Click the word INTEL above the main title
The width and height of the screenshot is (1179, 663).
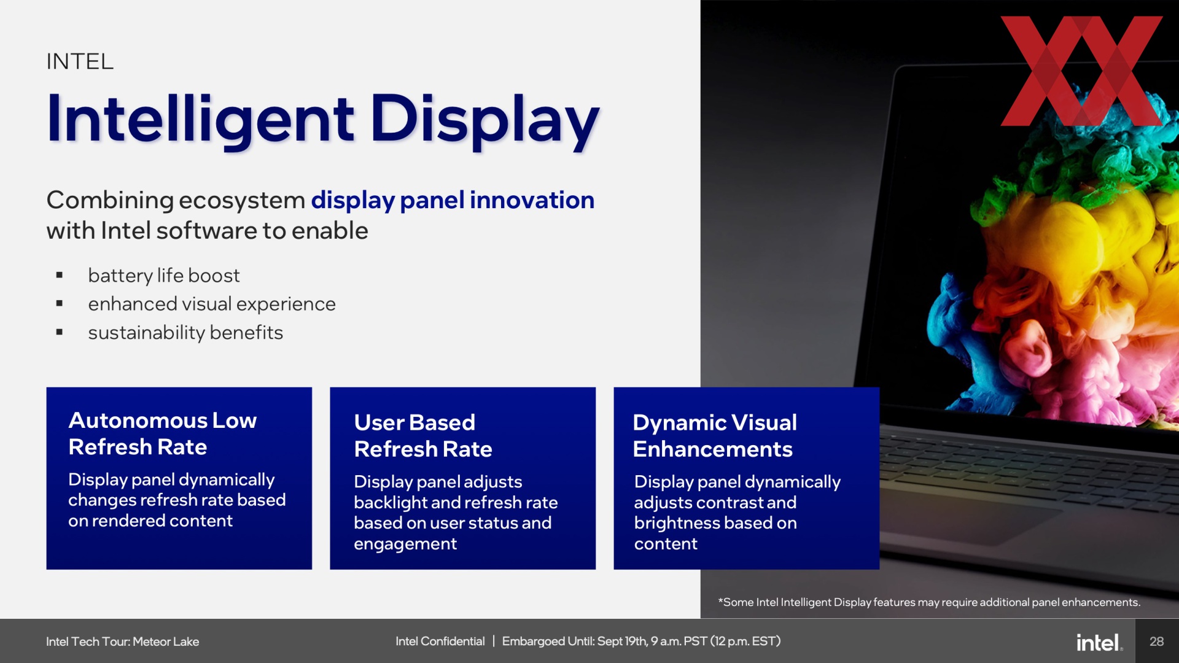click(x=80, y=61)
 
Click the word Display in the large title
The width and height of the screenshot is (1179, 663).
click(x=484, y=120)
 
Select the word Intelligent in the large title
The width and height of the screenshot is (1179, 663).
click(x=200, y=120)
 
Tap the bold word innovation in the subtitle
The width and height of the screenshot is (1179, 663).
click(x=532, y=200)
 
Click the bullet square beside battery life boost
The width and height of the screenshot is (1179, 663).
click(x=60, y=275)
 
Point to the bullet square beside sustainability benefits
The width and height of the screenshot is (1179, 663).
click(x=60, y=332)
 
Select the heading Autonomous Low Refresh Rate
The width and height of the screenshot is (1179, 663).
click(x=163, y=433)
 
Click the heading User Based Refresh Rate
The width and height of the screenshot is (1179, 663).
click(x=423, y=436)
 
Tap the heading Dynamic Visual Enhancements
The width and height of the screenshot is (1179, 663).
click(x=715, y=436)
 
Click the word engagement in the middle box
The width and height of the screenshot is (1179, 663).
click(x=405, y=545)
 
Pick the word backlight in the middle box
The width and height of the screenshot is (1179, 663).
click(x=391, y=503)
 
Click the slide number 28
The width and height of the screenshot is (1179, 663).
click(x=1157, y=642)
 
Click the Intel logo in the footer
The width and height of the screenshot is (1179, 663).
click(x=1099, y=642)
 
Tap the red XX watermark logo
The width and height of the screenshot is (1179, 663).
click(x=1081, y=71)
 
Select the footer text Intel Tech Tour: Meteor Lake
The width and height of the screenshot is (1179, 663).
click(x=123, y=642)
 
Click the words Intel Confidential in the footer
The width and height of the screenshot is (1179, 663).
click(x=440, y=642)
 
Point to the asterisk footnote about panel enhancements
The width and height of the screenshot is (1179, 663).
click(x=929, y=602)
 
